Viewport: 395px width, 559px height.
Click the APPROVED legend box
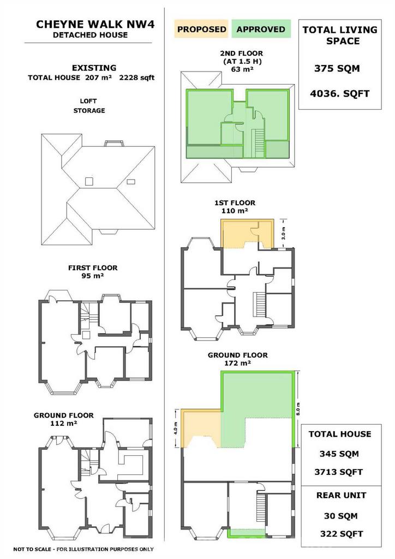(x=261, y=29)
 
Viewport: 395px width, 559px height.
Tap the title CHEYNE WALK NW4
(x=95, y=24)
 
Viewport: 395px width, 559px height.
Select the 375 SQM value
(x=337, y=68)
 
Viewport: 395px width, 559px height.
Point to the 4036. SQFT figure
(x=339, y=94)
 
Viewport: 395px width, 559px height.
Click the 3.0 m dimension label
(x=284, y=233)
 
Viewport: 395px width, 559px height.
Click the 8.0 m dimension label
(x=298, y=408)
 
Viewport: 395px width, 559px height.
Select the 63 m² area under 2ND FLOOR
(x=242, y=69)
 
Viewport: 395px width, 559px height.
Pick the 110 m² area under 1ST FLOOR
(x=235, y=211)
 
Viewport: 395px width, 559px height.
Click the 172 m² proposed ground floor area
(x=237, y=363)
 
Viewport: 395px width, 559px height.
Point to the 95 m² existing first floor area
(x=93, y=276)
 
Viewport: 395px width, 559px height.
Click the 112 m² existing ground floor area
(x=64, y=423)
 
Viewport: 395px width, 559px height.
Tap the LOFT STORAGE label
(x=89, y=106)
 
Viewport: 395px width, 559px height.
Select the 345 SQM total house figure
(x=339, y=454)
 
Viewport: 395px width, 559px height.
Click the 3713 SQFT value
(x=338, y=472)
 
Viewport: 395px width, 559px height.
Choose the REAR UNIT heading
(x=341, y=495)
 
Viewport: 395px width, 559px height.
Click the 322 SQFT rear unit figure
(x=341, y=534)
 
